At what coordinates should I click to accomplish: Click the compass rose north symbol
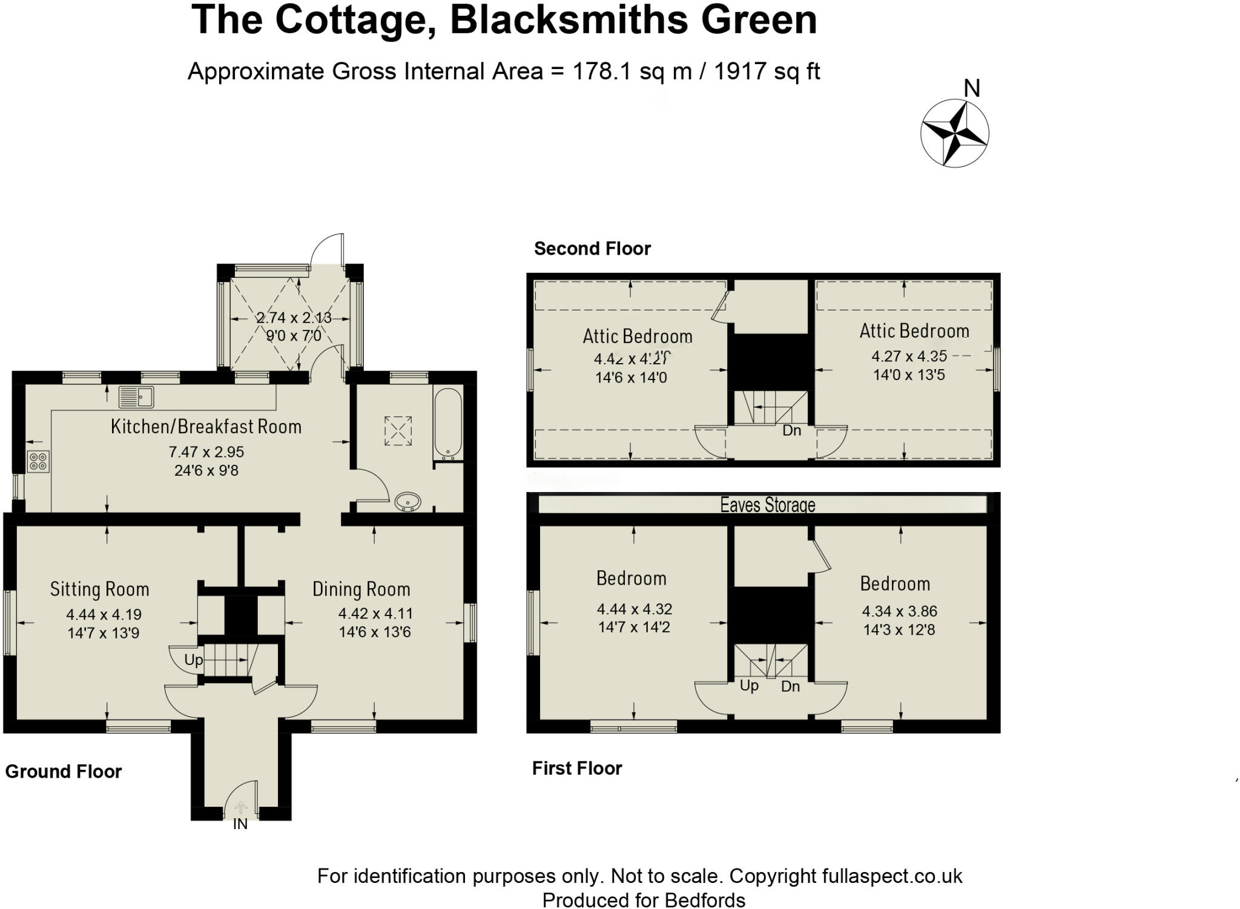pyautogui.click(x=955, y=133)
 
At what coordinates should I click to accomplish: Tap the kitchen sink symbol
pyautogui.click(x=136, y=397)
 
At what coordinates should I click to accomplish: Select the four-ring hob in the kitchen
pyautogui.click(x=38, y=462)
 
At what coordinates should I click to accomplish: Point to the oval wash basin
pyautogui.click(x=408, y=502)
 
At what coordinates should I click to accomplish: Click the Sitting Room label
pyautogui.click(x=99, y=589)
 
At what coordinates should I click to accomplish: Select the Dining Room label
pyautogui.click(x=361, y=589)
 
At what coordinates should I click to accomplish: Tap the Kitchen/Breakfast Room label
pyautogui.click(x=206, y=427)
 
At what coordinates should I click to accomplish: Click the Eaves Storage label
pyautogui.click(x=767, y=505)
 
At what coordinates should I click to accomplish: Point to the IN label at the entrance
pyautogui.click(x=240, y=824)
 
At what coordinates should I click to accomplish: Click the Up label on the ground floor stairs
pyautogui.click(x=193, y=660)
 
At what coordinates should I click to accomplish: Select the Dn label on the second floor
pyautogui.click(x=791, y=430)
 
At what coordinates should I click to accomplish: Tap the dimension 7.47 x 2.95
pyautogui.click(x=206, y=451)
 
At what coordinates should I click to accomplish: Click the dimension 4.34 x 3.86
pyautogui.click(x=899, y=611)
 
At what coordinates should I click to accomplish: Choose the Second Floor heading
pyautogui.click(x=592, y=249)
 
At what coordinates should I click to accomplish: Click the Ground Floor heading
pyautogui.click(x=64, y=772)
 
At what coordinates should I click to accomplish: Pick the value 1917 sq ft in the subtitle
pyautogui.click(x=767, y=71)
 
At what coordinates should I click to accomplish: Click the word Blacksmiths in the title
pyautogui.click(x=569, y=19)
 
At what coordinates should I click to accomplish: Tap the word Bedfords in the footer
pyautogui.click(x=704, y=901)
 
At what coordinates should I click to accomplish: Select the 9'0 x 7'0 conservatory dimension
pyautogui.click(x=294, y=335)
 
